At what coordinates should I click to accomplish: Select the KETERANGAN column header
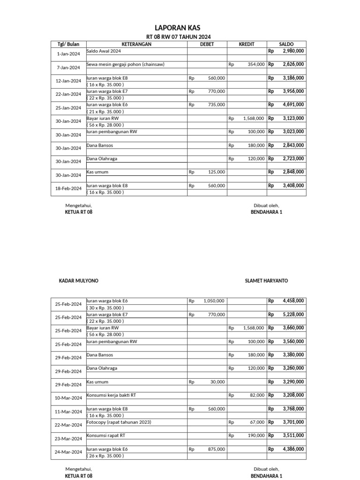coord(136,44)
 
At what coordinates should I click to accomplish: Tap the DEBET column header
coord(207,44)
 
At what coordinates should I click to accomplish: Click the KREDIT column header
coord(247,44)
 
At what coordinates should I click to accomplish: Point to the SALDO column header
coord(286,44)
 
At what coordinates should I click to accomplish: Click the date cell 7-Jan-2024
coord(68,67)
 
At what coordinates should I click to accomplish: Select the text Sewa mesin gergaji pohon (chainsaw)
coord(125,64)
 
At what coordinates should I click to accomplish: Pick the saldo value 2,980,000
coord(293,51)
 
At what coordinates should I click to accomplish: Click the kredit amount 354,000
coord(256,64)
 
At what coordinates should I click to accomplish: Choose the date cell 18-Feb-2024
coord(68,188)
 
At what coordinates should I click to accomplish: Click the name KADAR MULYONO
coord(78,281)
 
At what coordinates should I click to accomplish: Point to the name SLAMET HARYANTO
coord(266,281)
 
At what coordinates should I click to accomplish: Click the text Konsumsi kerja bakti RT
coord(112,395)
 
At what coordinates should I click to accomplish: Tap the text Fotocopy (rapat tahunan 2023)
coord(119,422)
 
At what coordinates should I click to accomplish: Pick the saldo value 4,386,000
coord(293,449)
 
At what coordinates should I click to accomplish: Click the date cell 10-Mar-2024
coord(68,398)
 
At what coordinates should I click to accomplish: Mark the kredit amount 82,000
coord(257,396)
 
